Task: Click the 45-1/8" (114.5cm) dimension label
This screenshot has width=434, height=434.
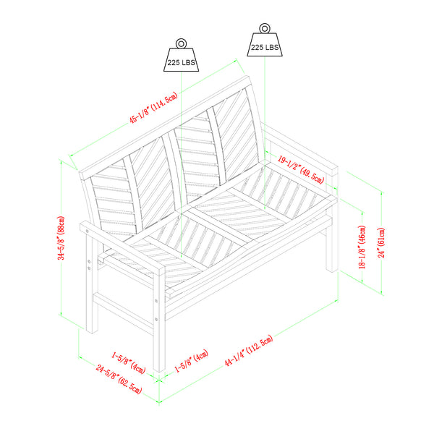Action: (x=153, y=108)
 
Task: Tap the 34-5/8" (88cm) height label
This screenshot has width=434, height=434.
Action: (x=61, y=238)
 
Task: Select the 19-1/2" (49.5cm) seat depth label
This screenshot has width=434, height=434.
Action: (x=301, y=170)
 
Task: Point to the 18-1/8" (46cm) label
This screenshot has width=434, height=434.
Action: (x=362, y=247)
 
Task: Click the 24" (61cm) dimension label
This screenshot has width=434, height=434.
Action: (x=381, y=243)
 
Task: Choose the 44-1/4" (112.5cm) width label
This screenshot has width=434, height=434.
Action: (x=249, y=350)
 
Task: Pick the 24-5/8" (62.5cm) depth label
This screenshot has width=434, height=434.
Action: (x=119, y=379)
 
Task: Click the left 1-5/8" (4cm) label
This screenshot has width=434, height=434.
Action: (x=129, y=362)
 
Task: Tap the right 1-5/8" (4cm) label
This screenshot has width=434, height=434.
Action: (x=191, y=361)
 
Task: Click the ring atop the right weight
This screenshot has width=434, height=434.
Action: (x=265, y=28)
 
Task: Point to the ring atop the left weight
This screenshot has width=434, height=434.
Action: (x=181, y=43)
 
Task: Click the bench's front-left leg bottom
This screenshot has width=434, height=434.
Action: (x=159, y=370)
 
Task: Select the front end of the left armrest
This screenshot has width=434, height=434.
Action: (x=159, y=271)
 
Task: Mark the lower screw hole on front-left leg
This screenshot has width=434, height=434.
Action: (x=156, y=319)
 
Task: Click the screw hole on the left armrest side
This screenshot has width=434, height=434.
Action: (x=88, y=231)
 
